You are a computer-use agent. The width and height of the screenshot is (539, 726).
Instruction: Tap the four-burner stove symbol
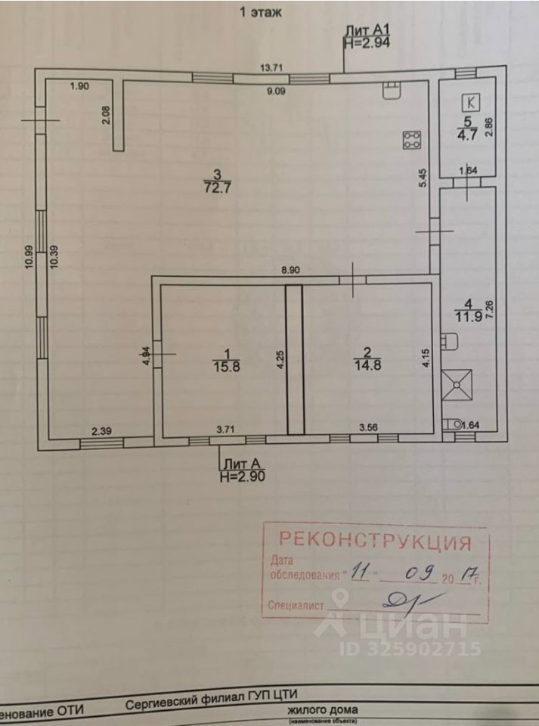pyautogui.click(x=412, y=139)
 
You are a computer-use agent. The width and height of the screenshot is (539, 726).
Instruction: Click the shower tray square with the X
pyautogui.click(x=457, y=385)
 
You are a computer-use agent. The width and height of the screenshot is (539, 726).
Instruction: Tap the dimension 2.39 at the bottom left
pyautogui.click(x=102, y=431)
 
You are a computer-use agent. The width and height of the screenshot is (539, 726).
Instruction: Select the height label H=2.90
pyautogui.click(x=243, y=476)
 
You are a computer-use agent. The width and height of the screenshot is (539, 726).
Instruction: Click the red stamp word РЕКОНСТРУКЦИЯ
pyautogui.click(x=376, y=541)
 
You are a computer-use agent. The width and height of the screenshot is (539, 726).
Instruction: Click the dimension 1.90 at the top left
pyautogui.click(x=79, y=86)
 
